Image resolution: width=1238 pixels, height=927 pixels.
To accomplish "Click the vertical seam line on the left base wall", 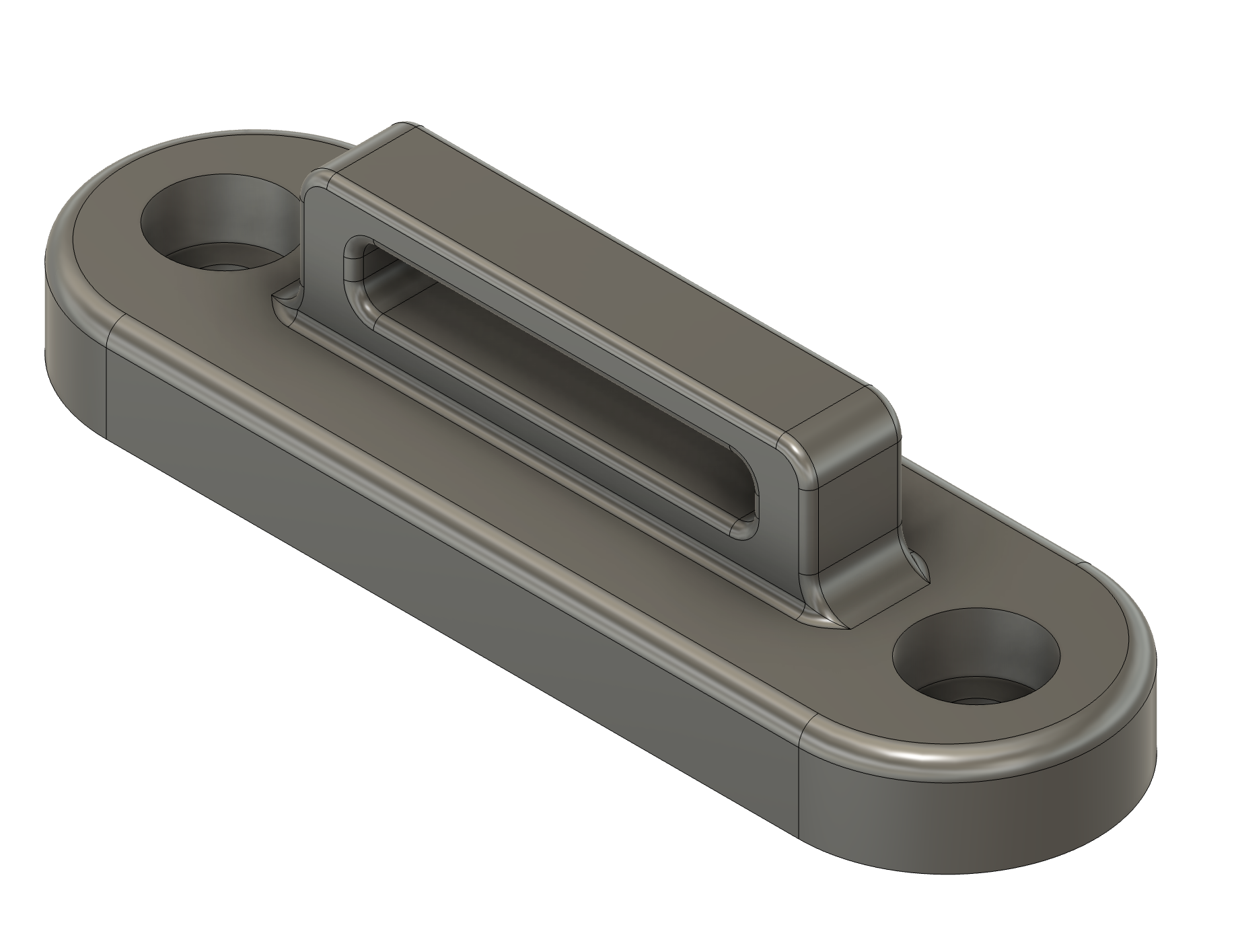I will click(x=108, y=390).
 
